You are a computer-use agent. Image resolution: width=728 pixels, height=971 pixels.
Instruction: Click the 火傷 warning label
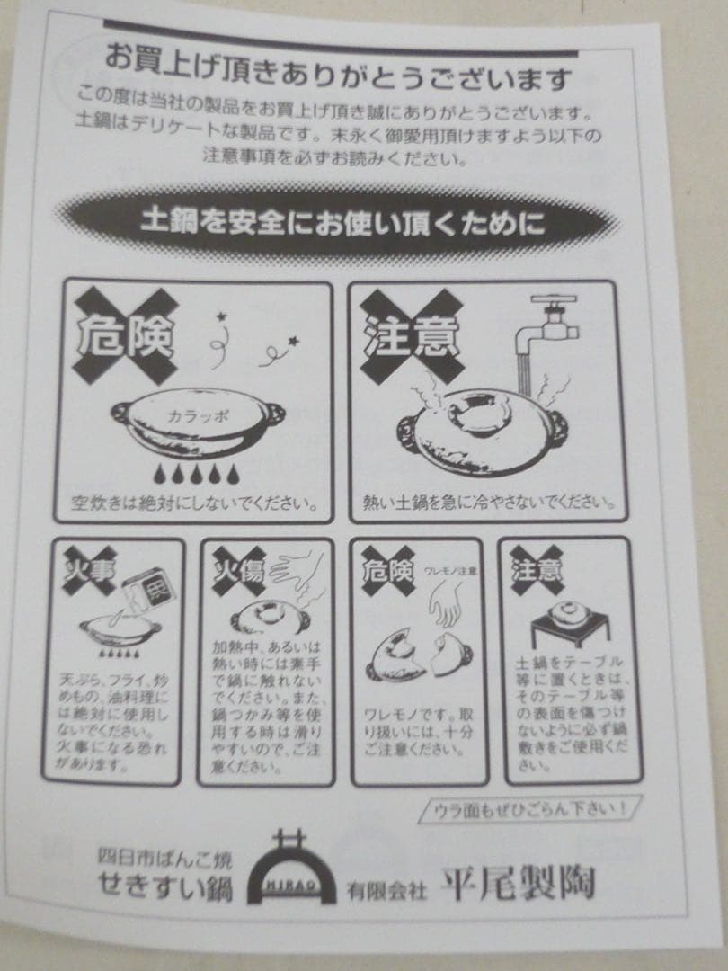point(239,572)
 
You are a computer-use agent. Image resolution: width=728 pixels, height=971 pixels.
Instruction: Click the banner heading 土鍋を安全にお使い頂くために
point(342,222)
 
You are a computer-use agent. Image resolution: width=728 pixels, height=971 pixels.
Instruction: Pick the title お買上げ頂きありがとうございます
point(338,79)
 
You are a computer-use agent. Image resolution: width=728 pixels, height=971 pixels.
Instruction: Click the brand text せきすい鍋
point(165,888)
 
